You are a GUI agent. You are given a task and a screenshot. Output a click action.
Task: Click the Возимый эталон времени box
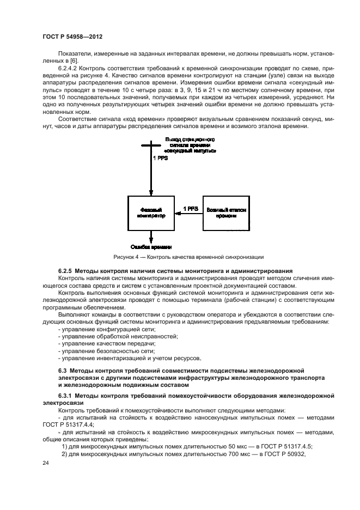pos(226,212)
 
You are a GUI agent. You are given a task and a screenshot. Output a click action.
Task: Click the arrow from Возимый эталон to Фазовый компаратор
pos(188,214)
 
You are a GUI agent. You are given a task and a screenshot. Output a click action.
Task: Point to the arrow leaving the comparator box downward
pos(151,236)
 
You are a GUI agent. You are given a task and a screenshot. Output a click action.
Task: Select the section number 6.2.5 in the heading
pos(65,271)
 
